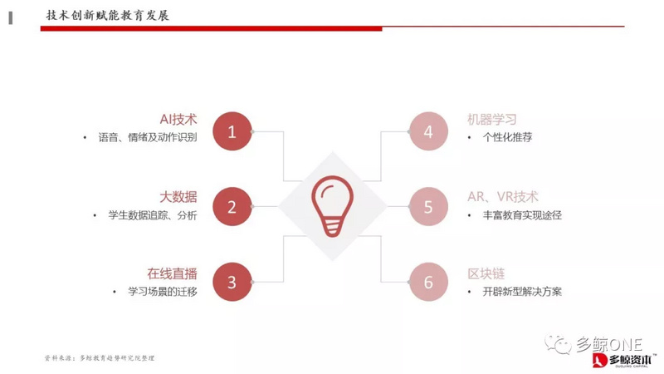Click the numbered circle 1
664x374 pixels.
pyautogui.click(x=232, y=131)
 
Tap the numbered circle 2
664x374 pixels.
pyautogui.click(x=232, y=207)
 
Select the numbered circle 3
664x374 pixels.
pyautogui.click(x=232, y=283)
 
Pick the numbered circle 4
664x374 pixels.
pyautogui.click(x=428, y=131)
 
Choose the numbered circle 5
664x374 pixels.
pyautogui.click(x=428, y=207)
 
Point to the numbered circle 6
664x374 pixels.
pyautogui.click(x=428, y=283)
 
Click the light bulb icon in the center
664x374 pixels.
pyautogui.click(x=331, y=207)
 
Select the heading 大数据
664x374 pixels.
pyautogui.click(x=178, y=196)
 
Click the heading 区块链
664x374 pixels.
pyautogui.click(x=486, y=273)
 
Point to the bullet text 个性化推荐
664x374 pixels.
pyautogui.click(x=507, y=137)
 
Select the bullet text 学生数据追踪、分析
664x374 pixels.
pyautogui.click(x=153, y=215)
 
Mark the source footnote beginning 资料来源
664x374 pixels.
pyautogui.click(x=100, y=357)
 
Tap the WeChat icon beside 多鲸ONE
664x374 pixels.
pyautogui.click(x=558, y=342)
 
